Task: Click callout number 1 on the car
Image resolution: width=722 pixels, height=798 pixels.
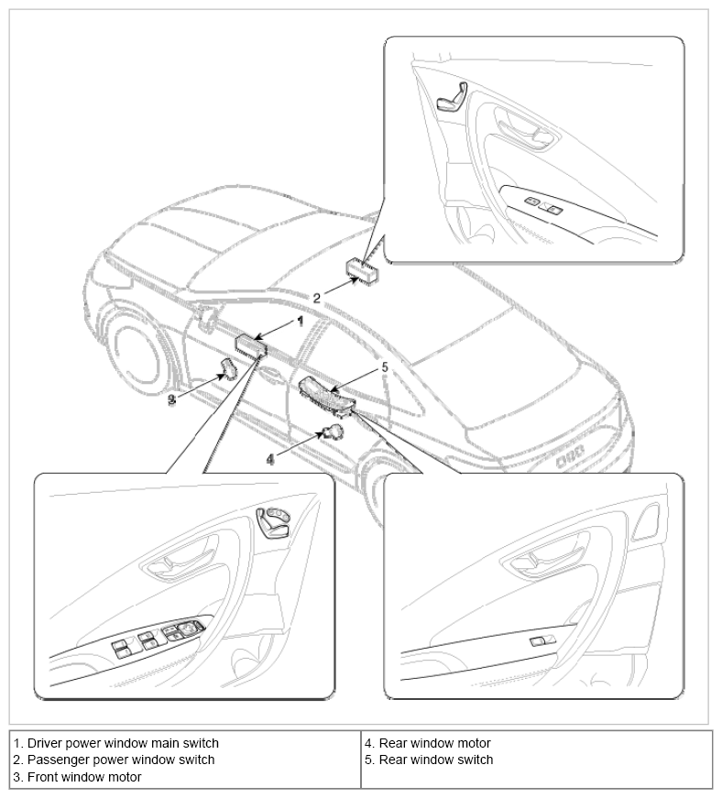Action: (x=299, y=322)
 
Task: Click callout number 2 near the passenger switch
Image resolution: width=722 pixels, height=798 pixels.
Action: (x=317, y=298)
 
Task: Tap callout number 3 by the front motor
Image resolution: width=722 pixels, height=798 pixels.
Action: (x=173, y=399)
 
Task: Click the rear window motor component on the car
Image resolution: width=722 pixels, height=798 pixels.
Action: (x=334, y=432)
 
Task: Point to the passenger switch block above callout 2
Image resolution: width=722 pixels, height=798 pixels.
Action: (x=362, y=268)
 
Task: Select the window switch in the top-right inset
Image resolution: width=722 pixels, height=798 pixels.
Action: (x=541, y=205)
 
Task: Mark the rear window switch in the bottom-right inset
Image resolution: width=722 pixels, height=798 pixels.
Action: (x=541, y=639)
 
